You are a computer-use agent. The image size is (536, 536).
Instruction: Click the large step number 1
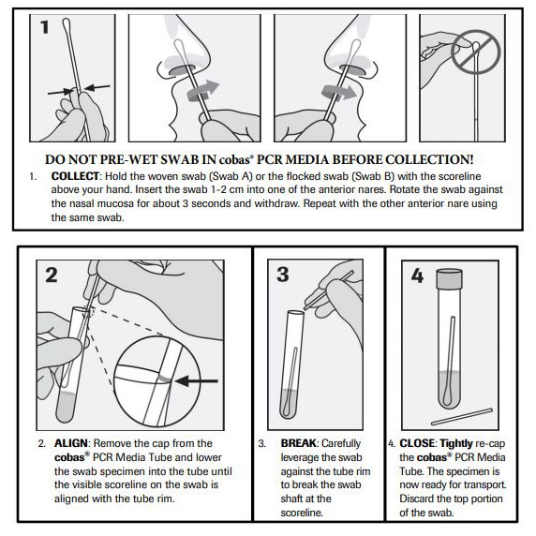43,27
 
